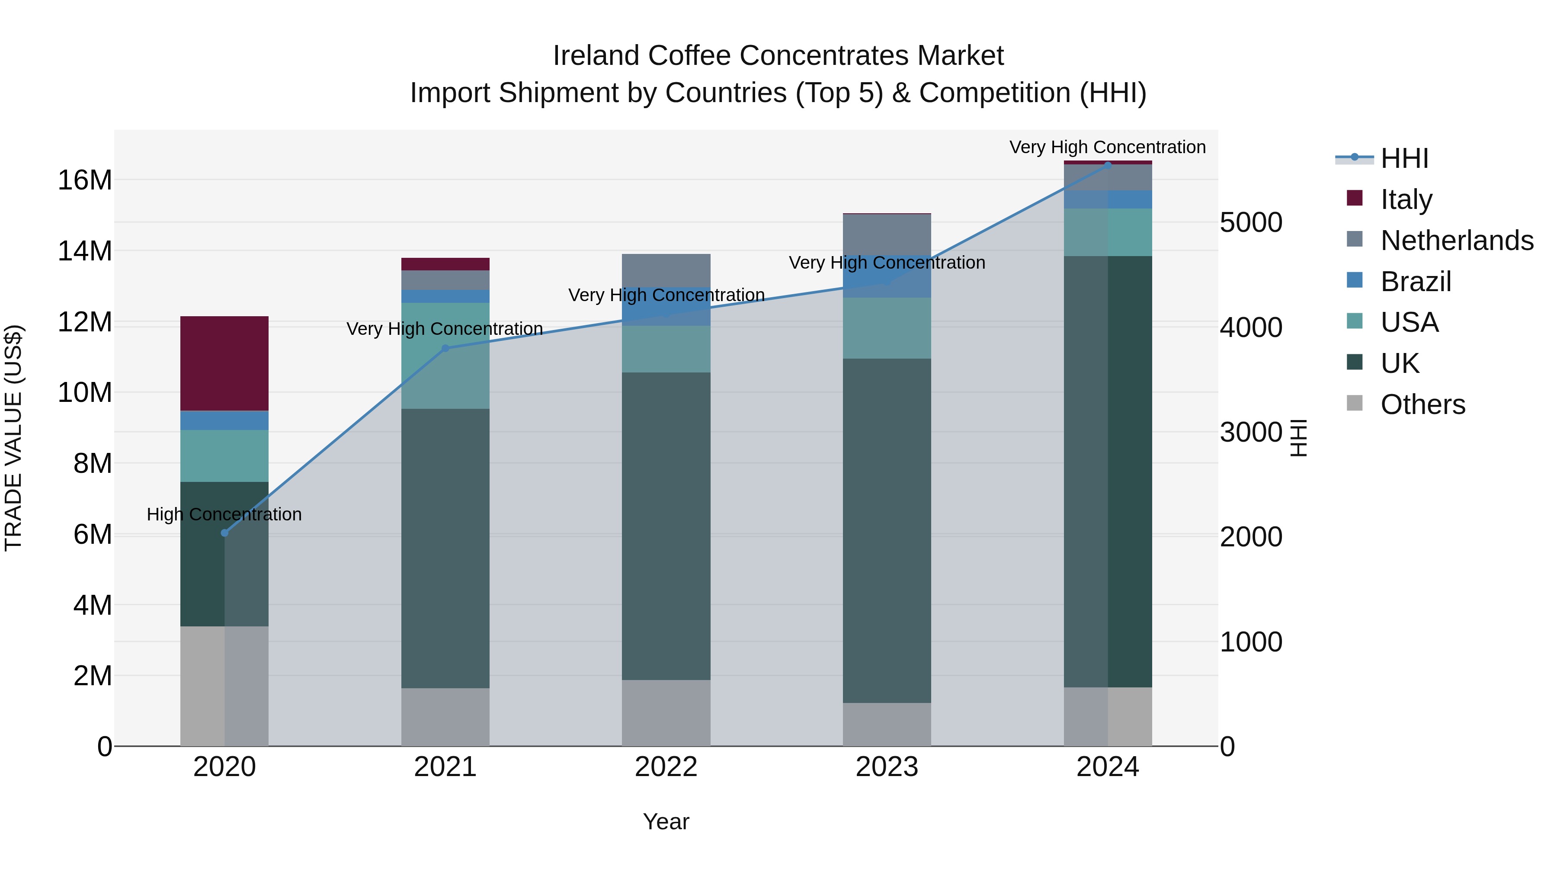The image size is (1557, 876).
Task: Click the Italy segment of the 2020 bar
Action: (224, 363)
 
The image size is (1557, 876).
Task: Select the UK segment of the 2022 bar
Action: (666, 526)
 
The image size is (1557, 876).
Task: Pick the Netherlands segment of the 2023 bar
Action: (887, 236)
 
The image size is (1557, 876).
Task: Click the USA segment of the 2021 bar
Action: (445, 356)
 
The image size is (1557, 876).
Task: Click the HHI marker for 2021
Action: (445, 348)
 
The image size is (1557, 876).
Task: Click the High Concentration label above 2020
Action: (224, 514)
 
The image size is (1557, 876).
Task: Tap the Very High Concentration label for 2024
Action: (1107, 147)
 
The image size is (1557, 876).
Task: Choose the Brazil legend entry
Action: (1416, 282)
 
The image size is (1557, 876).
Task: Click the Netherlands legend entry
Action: (1457, 241)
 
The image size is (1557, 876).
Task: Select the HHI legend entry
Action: (1404, 158)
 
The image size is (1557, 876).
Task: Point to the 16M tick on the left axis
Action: (85, 180)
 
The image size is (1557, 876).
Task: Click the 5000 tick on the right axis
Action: (1250, 222)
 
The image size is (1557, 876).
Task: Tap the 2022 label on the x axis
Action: (666, 767)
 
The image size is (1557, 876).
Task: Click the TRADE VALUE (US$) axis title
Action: (13, 438)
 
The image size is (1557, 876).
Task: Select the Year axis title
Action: (666, 821)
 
